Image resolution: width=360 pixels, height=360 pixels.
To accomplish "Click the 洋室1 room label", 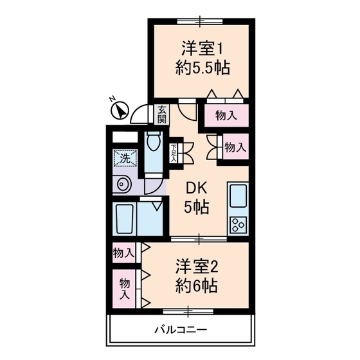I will pos(201,47).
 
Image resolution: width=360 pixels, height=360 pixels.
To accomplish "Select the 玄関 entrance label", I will pos(161,114).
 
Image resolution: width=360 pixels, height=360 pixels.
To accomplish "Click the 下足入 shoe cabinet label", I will pos(174,153).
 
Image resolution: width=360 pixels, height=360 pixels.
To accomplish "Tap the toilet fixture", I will pos(153,145).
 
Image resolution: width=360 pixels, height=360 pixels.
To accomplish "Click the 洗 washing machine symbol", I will pos(122,157).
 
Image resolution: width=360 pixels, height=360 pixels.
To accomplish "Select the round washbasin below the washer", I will pos(122,185).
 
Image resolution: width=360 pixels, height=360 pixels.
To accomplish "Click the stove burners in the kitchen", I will pos(237,225).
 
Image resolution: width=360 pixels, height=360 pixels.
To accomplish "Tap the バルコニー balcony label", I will pos(180,330).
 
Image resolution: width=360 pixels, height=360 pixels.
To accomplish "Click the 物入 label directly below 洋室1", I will pos(226,116).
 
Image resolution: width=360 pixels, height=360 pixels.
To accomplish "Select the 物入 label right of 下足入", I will pos(235,147).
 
